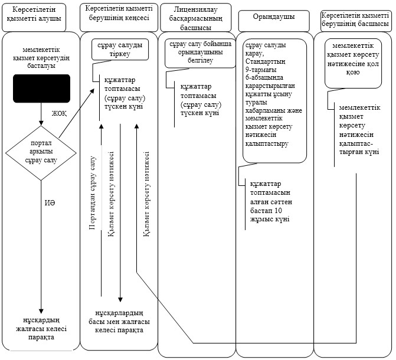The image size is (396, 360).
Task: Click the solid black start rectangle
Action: pyautogui.click(x=42, y=89)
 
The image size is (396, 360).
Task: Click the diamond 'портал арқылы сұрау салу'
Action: pyautogui.click(x=41, y=153)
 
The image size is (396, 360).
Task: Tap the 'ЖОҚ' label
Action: pyautogui.click(x=60, y=113)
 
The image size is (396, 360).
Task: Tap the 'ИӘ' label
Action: pyautogui.click(x=50, y=203)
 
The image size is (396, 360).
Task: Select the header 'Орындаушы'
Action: pyautogui.click(x=274, y=17)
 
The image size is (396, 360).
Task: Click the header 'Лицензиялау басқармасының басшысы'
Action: pyautogui.click(x=196, y=18)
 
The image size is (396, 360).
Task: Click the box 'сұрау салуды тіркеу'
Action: pyautogui.click(x=120, y=50)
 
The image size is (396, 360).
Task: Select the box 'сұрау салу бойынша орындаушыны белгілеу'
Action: pyautogui.click(x=200, y=53)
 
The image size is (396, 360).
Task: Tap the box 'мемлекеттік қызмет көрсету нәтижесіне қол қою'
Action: pyautogui.click(x=353, y=63)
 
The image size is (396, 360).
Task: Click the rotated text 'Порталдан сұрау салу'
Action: pyautogui.click(x=93, y=193)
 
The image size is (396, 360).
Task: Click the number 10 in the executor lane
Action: pyautogui.click(x=278, y=211)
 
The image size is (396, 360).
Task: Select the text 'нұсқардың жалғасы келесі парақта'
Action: pyautogui.click(x=41, y=329)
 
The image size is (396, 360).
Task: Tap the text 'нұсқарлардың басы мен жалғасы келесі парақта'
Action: pyautogui.click(x=119, y=322)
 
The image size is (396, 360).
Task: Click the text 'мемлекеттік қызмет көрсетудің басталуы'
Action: pyautogui.click(x=41, y=58)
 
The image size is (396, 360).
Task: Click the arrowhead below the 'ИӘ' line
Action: pyautogui.click(x=41, y=311)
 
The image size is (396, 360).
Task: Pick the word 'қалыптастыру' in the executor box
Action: pyautogui.click(x=267, y=143)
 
